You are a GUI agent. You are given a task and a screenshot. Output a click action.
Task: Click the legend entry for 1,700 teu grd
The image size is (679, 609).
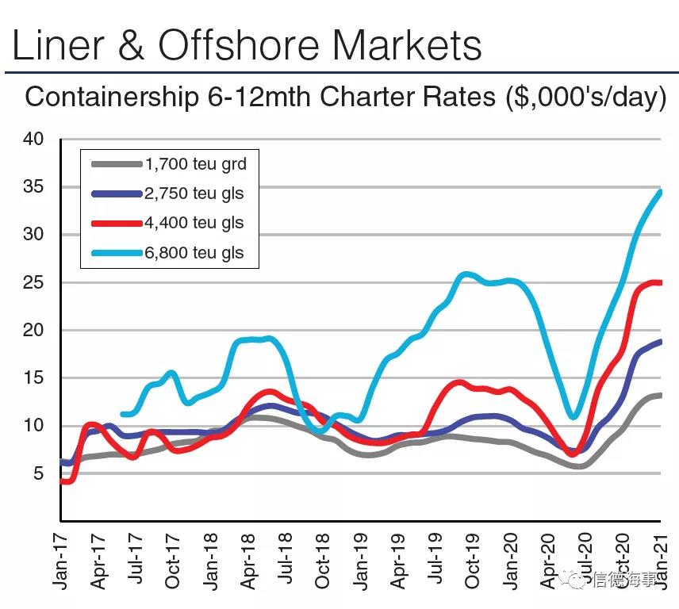[x=194, y=165]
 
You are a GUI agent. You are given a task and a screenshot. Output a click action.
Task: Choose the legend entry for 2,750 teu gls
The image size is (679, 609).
[x=194, y=193]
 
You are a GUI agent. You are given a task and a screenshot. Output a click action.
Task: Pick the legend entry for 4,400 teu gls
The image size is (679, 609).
[x=194, y=223]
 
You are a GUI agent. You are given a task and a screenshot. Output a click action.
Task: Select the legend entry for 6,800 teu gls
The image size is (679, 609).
[x=194, y=253]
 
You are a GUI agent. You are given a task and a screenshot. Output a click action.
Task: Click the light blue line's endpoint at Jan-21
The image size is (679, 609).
[x=660, y=192]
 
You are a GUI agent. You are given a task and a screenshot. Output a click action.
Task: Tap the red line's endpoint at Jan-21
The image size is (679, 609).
[x=660, y=283]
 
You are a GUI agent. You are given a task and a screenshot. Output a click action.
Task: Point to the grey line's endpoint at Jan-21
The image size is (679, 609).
[x=660, y=395]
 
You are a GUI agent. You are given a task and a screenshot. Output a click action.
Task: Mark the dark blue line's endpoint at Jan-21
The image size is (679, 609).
[x=660, y=342]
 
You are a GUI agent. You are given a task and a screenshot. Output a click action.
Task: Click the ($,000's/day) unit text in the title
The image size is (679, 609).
[x=585, y=98]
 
